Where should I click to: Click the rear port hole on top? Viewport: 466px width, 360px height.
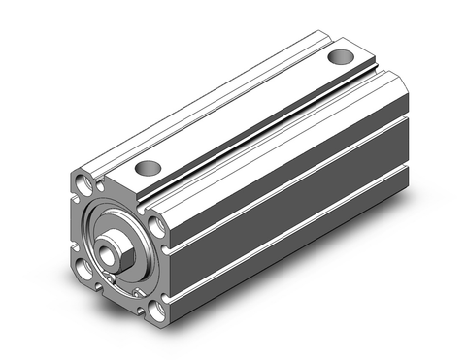pyautogui.click(x=340, y=58)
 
